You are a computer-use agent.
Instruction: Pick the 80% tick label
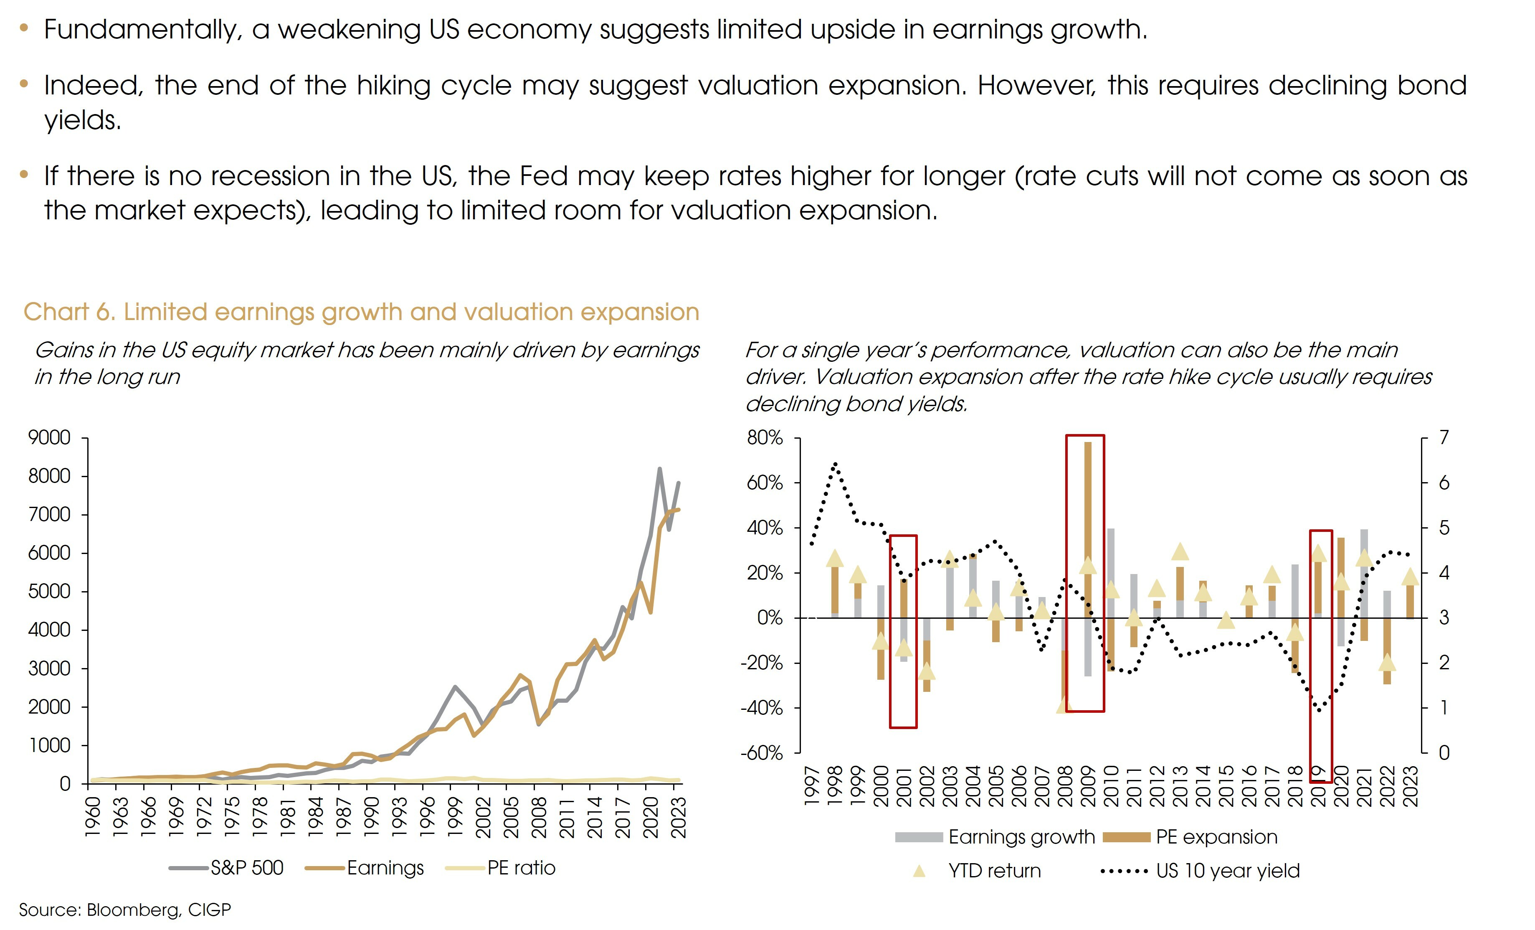[x=765, y=437]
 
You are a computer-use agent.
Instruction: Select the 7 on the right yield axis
[x=1444, y=437]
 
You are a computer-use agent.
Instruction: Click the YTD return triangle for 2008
[x=1064, y=705]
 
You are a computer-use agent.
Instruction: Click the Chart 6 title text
[x=361, y=312]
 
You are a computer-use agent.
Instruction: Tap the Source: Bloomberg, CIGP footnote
[x=124, y=910]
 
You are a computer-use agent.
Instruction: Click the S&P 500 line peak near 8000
[x=660, y=469]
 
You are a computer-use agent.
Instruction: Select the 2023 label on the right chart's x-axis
[x=1411, y=787]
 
